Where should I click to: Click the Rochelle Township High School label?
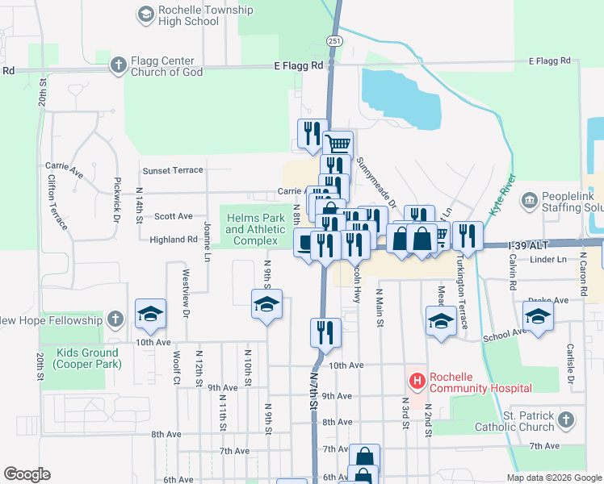pyautogui.click(x=195, y=15)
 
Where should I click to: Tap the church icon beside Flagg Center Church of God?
pyautogui.click(x=118, y=65)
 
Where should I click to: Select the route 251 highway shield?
pyautogui.click(x=334, y=40)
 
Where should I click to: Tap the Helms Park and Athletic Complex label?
pyautogui.click(x=255, y=230)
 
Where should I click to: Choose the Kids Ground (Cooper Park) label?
pyautogui.click(x=88, y=358)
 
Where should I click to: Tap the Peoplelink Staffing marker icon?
pyautogui.click(x=530, y=199)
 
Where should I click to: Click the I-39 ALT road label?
pyautogui.click(x=533, y=244)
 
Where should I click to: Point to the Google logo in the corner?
pyautogui.click(x=27, y=474)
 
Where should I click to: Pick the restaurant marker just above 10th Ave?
pyautogui.click(x=325, y=331)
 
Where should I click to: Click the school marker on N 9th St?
pyautogui.click(x=266, y=305)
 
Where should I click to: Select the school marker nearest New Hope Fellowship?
pyautogui.click(x=150, y=314)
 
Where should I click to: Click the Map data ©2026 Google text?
pyautogui.click(x=553, y=478)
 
